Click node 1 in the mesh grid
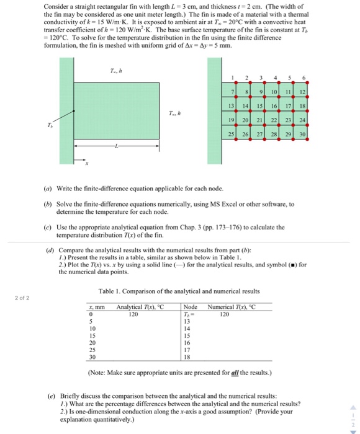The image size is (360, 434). tap(232, 77)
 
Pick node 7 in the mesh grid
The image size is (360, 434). tap(232, 92)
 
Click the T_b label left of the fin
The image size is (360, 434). tap(52, 124)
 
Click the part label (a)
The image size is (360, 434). tap(48, 188)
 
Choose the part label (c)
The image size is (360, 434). tap(48, 227)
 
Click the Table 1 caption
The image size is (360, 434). tap(179, 291)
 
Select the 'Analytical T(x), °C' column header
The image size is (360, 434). tap(140, 307)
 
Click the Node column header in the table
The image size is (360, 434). tap(191, 307)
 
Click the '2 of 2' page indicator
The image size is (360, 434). tap(21, 298)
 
